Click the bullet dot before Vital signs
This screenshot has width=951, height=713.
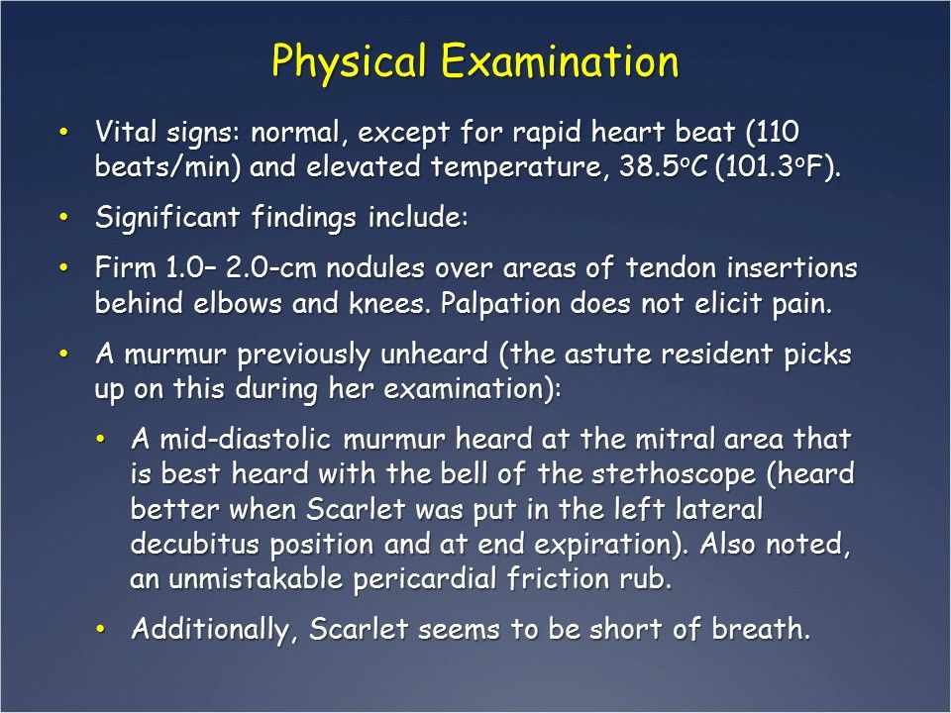click(65, 132)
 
